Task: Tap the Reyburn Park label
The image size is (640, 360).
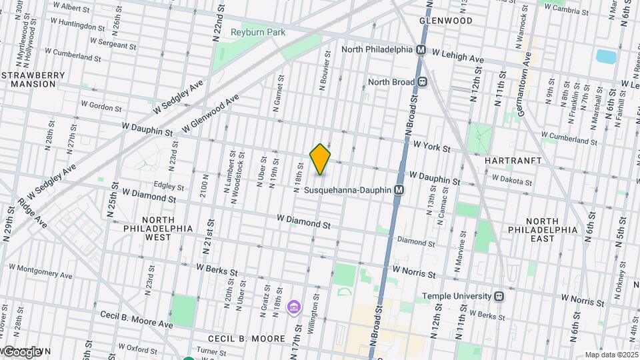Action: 257,32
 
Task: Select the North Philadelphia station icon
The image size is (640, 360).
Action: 421,50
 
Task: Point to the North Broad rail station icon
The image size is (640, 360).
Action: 422,82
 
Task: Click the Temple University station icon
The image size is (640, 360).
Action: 499,296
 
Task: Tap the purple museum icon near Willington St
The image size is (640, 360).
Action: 292,307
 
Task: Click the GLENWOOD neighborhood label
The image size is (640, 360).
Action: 446,21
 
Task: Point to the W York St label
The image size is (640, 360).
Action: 431,145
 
